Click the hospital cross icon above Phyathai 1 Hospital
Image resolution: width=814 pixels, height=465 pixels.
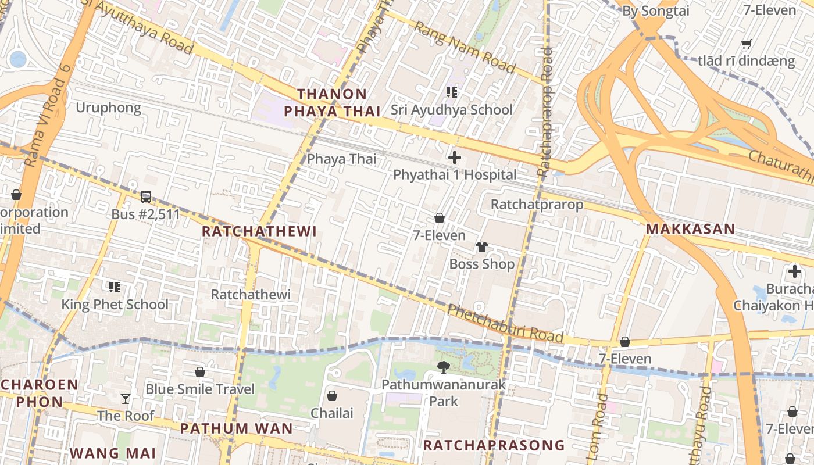(x=455, y=158)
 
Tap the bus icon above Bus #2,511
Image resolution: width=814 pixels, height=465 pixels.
(x=146, y=197)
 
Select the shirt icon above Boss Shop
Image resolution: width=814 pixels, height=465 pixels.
(x=481, y=247)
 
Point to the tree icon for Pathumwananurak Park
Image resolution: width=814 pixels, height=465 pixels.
(x=444, y=367)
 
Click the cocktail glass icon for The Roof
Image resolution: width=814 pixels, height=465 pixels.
(x=126, y=399)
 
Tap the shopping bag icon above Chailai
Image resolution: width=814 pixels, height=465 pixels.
(x=331, y=396)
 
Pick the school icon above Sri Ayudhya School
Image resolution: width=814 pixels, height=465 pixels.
(x=451, y=92)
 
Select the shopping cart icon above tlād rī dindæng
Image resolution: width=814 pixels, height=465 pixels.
(x=747, y=44)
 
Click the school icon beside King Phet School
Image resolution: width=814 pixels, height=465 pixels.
(x=115, y=287)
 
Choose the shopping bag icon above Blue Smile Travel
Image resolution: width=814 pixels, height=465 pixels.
(x=200, y=372)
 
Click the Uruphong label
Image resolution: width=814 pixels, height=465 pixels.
(x=108, y=108)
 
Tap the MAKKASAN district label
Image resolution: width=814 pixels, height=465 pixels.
(x=691, y=229)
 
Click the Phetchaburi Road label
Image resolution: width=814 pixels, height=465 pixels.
(x=505, y=323)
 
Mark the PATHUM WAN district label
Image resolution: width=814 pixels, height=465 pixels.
(x=237, y=429)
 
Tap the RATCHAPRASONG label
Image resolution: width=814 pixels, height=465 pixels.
(x=494, y=445)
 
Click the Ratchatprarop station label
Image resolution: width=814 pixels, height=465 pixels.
(x=537, y=205)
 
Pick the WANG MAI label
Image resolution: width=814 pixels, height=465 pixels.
(x=113, y=453)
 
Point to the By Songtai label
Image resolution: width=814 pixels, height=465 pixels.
(x=655, y=10)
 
